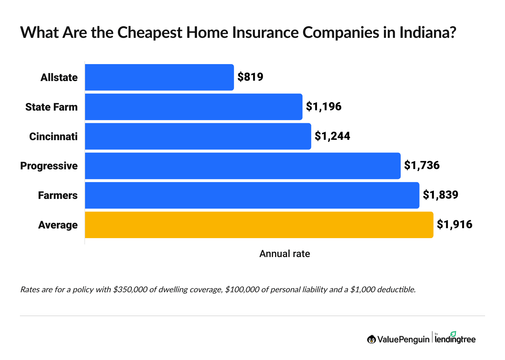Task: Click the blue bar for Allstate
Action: pyautogui.click(x=159, y=77)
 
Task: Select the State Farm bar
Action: pyautogui.click(x=194, y=107)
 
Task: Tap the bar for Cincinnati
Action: pyautogui.click(x=198, y=136)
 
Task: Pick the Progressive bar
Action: pyautogui.click(x=243, y=166)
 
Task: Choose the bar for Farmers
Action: pyautogui.click(x=252, y=195)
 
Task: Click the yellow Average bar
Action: pyautogui.click(x=259, y=225)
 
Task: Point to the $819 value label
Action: pyautogui.click(x=250, y=77)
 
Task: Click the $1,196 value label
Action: pyautogui.click(x=324, y=107)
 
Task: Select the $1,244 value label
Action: pyautogui.click(x=332, y=136)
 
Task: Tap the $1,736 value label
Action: pyautogui.click(x=422, y=165)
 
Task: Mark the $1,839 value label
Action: pyautogui.click(x=440, y=195)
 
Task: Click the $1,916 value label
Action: pyautogui.click(x=454, y=225)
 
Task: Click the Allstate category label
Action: pyautogui.click(x=59, y=78)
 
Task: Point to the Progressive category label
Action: pyautogui.click(x=49, y=166)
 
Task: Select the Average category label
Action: pyautogui.click(x=58, y=225)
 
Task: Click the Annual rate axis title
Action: pyautogui.click(x=284, y=254)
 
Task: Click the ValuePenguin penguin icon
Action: pyautogui.click(x=371, y=339)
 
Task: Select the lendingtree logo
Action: pyautogui.click(x=455, y=338)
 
